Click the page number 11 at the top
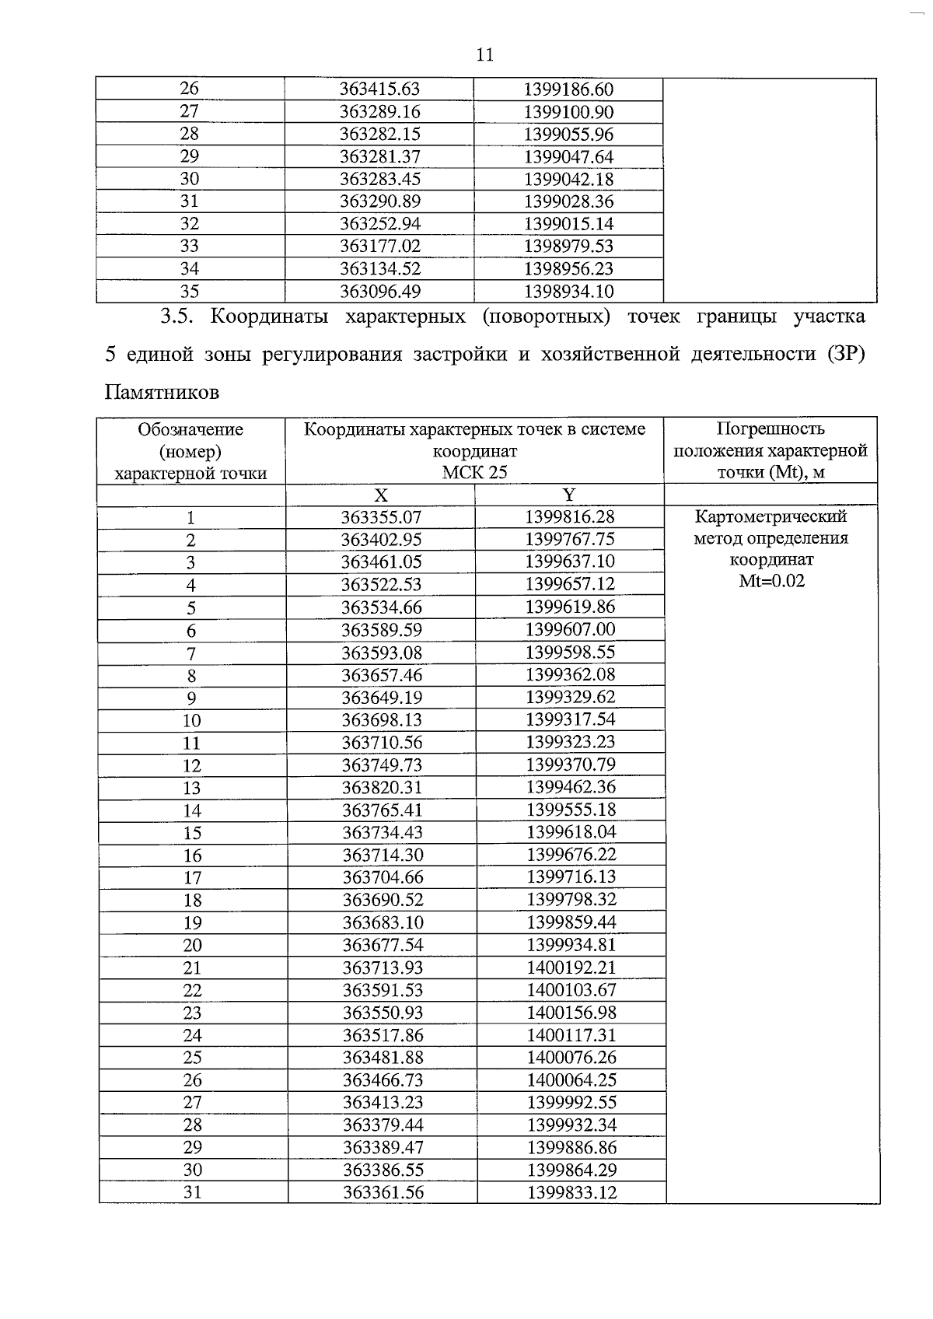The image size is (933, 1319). [x=484, y=55]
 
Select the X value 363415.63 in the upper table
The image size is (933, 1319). [x=379, y=89]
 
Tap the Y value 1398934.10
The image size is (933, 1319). [x=568, y=292]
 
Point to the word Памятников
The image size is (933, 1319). [x=162, y=392]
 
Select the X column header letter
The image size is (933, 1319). [x=380, y=495]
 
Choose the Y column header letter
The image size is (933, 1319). [x=569, y=495]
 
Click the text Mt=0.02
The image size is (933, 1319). [x=771, y=581]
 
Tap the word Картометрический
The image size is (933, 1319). [x=771, y=516]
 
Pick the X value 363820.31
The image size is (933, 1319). [x=382, y=787]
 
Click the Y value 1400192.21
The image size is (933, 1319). [x=571, y=967]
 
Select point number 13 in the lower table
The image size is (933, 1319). [x=191, y=788]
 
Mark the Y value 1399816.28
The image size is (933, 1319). [x=570, y=517]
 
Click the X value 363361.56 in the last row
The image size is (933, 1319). [x=383, y=1192]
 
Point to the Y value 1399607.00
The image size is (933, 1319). [x=570, y=629]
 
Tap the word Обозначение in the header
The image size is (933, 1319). [x=190, y=429]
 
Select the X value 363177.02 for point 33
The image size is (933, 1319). [x=379, y=247]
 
